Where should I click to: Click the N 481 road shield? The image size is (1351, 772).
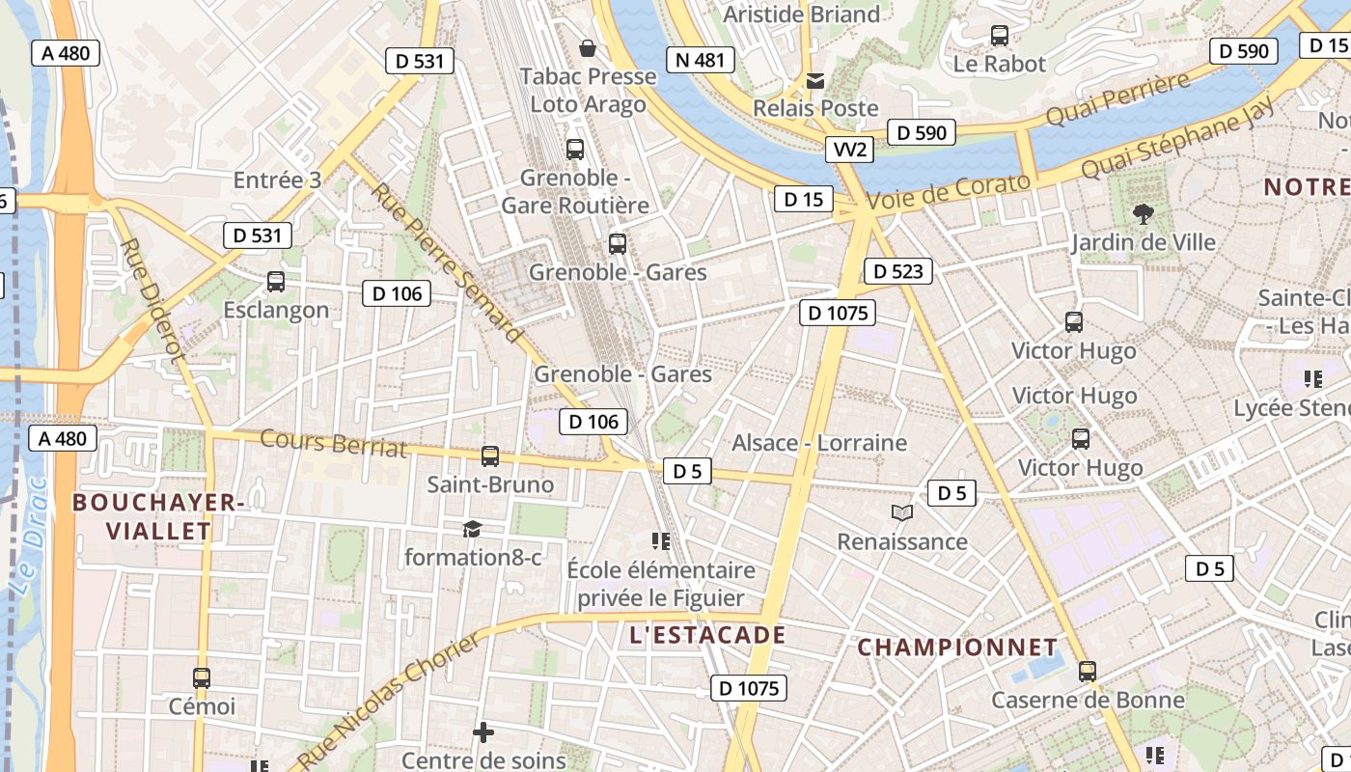pyautogui.click(x=699, y=60)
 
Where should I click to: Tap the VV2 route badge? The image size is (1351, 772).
pyautogui.click(x=850, y=150)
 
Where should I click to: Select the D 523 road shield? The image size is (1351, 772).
pyautogui.click(x=897, y=272)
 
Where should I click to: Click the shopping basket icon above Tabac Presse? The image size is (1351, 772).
pyautogui.click(x=587, y=47)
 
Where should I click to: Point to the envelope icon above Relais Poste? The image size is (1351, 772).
pyautogui.click(x=815, y=80)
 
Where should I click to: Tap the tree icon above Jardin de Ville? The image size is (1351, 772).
pyautogui.click(x=1144, y=213)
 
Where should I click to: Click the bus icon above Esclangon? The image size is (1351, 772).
pyautogui.click(x=276, y=282)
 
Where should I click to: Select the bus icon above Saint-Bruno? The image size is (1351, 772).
pyautogui.click(x=490, y=456)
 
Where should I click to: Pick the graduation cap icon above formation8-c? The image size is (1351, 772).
pyautogui.click(x=472, y=529)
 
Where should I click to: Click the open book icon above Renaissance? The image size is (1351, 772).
pyautogui.click(x=902, y=513)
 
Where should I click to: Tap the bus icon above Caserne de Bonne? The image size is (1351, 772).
pyautogui.click(x=1088, y=672)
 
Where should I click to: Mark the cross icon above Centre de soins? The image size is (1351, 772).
pyautogui.click(x=483, y=733)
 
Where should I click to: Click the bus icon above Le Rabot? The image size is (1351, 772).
pyautogui.click(x=1000, y=36)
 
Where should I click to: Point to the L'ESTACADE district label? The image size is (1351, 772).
pyautogui.click(x=707, y=635)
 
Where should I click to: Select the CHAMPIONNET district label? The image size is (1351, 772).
pyautogui.click(x=957, y=647)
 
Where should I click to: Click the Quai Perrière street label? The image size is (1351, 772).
pyautogui.click(x=1118, y=99)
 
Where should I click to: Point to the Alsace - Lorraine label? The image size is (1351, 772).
pyautogui.click(x=819, y=443)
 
